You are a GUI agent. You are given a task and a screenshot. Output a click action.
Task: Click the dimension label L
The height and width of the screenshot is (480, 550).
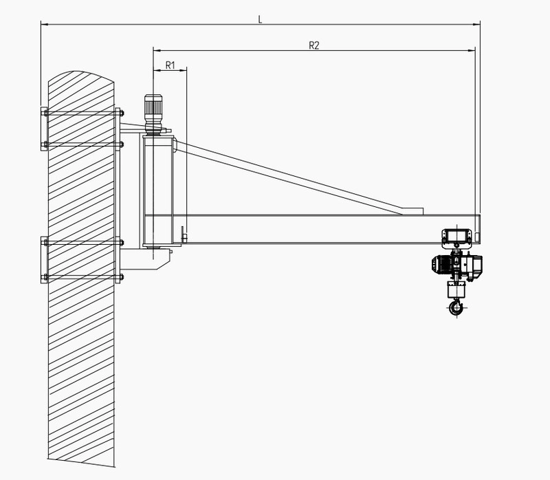tap(259, 19)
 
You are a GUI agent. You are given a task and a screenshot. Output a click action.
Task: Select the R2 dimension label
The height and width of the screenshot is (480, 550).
tap(313, 45)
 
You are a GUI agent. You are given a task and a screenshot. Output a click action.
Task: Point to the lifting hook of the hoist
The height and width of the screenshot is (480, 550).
tap(454, 307)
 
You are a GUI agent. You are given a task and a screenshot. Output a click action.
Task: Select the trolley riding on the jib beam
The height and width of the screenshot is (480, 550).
tap(456, 237)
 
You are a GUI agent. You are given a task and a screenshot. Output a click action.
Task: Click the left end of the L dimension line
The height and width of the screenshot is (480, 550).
tap(41, 25)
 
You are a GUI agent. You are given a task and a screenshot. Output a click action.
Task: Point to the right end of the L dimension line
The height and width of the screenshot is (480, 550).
tap(480, 25)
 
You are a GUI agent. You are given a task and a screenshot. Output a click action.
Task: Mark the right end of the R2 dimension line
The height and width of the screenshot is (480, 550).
tap(476, 50)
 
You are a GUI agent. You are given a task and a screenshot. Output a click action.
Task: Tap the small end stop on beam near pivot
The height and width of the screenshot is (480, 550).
tap(183, 234)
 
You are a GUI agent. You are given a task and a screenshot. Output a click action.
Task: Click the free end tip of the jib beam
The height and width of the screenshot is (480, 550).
tap(478, 228)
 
